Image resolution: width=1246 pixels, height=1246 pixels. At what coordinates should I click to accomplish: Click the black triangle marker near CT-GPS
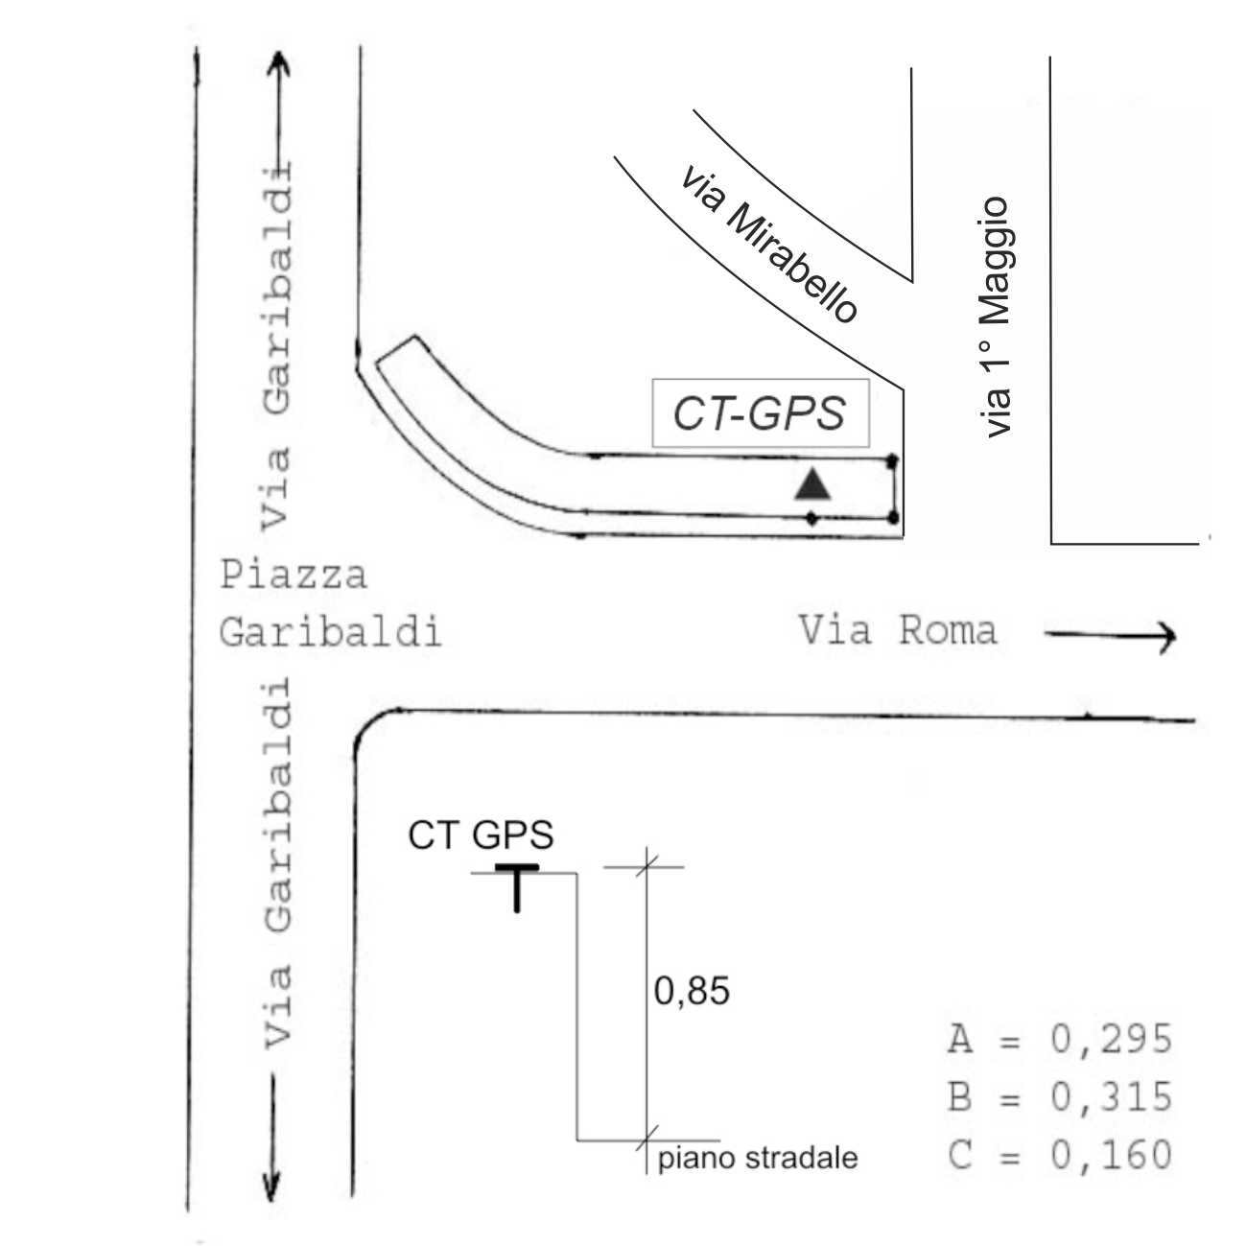[812, 485]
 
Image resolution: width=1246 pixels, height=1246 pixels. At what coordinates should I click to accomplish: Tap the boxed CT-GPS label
[760, 413]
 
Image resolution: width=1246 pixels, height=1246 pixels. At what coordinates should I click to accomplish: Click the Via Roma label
[898, 631]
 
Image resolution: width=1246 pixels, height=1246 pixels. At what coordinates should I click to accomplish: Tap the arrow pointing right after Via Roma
[1110, 634]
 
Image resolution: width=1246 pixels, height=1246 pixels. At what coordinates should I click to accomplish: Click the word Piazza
[294, 576]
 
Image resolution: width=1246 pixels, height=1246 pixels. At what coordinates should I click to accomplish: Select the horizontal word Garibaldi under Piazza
[330, 633]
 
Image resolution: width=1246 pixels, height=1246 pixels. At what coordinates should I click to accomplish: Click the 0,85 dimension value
[692, 991]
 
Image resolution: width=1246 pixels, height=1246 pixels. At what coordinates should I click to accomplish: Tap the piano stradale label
[758, 1159]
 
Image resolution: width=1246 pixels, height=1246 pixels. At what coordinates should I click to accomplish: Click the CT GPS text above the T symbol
[481, 835]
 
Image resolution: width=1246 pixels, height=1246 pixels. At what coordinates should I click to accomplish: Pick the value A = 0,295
[1060, 1039]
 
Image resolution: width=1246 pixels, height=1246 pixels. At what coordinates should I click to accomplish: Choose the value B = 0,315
[1060, 1096]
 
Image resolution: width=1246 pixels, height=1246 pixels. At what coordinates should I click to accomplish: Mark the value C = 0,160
[1060, 1155]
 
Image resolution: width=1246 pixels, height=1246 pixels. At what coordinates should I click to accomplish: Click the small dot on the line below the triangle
[812, 519]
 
